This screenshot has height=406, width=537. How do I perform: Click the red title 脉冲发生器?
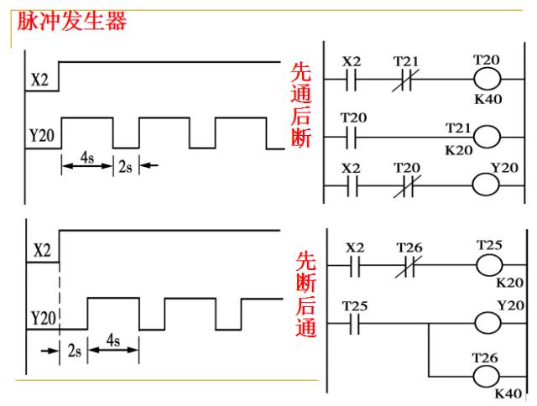pos(72,20)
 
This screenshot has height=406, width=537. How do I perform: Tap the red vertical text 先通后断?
pos(301,105)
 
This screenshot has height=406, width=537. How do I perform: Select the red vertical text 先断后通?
pos(305,294)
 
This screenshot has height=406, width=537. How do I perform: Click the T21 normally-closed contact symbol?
pos(406,80)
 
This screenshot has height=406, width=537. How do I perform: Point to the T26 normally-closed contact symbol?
pos(409,266)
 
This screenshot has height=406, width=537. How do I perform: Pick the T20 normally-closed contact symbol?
pos(407,186)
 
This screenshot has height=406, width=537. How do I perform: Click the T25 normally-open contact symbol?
pos(355,324)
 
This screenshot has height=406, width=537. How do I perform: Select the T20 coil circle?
pos(487,79)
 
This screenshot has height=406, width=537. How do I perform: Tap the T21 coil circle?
pos(487,138)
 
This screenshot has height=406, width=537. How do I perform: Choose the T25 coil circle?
pos(489,265)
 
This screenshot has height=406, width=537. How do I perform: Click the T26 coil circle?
pos(487,377)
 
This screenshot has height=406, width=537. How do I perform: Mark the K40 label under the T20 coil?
pos(488,99)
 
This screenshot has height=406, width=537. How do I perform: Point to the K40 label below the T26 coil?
pos(508,393)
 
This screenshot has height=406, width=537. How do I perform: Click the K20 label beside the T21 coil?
pos(459,150)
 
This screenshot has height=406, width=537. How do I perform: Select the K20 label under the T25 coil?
pos(510,283)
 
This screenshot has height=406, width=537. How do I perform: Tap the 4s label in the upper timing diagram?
pos(87,158)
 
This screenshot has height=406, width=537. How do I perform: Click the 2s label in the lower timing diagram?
pos(75,351)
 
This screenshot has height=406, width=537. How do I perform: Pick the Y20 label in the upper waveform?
pos(42,135)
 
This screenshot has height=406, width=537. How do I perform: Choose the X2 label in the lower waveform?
pos(42,250)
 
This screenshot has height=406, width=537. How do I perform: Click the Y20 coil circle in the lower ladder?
pos(487,323)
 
